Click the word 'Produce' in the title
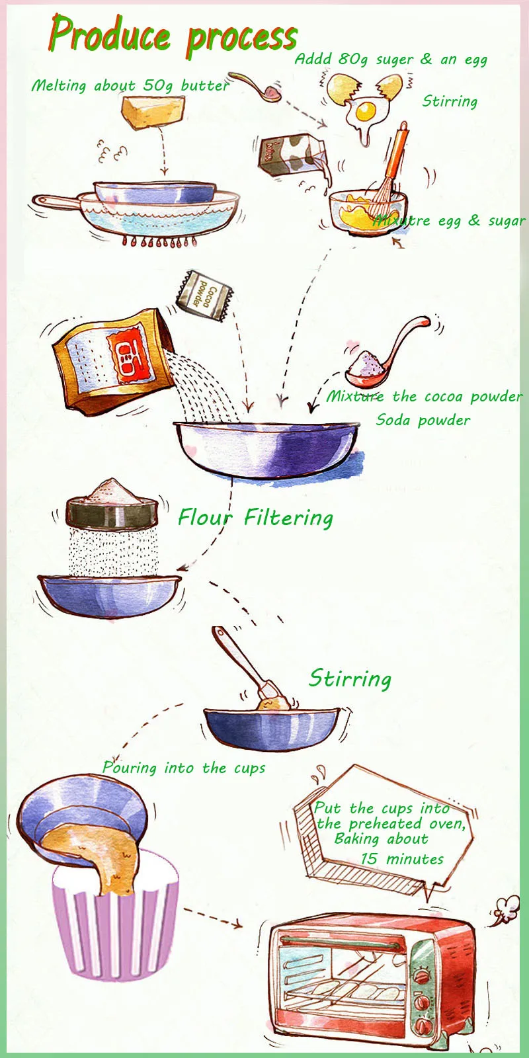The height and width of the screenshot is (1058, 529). tap(110, 34)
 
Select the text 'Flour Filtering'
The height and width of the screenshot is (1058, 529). tap(255, 518)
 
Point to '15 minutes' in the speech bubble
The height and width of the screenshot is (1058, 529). tap(402, 859)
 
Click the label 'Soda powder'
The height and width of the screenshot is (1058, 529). tap(423, 420)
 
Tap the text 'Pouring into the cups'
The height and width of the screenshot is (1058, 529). tap(184, 768)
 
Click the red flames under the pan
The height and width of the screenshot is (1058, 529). tap(158, 241)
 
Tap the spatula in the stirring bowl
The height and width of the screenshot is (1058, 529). tap(251, 666)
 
